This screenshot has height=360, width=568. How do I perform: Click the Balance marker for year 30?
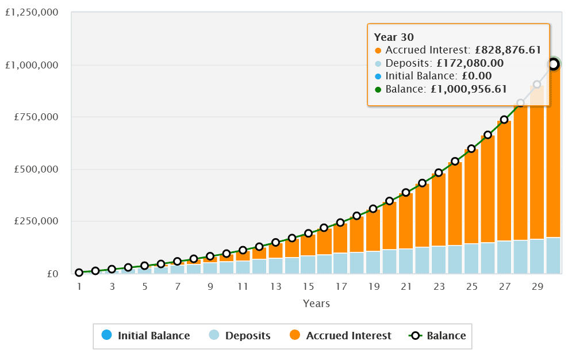pyautogui.click(x=553, y=64)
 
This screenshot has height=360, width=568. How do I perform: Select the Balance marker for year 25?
pyautogui.click(x=471, y=148)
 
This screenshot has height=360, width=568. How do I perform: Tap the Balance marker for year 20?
pyautogui.click(x=390, y=201)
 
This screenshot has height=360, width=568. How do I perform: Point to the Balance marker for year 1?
pyautogui.click(x=79, y=273)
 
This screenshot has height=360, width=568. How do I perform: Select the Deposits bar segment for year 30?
pyautogui.click(x=553, y=255)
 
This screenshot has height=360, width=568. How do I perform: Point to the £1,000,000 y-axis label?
pyautogui.click(x=32, y=65)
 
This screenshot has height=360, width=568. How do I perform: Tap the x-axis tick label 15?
pyautogui.click(x=308, y=286)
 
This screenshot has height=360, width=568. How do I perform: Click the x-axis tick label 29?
pyautogui.click(x=536, y=286)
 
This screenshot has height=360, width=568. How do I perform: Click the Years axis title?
pyautogui.click(x=316, y=303)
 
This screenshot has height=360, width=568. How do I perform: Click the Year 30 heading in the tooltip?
pyautogui.click(x=394, y=37)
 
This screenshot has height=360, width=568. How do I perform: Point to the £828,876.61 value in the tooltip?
pyautogui.click(x=508, y=50)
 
